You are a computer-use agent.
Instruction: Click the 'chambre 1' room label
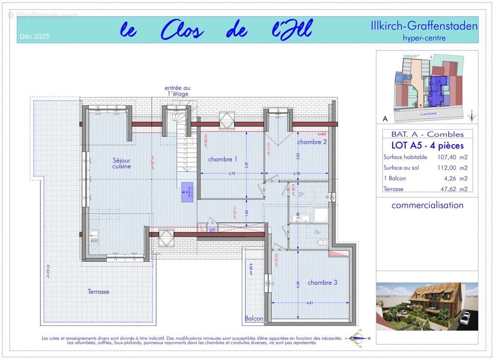click(222, 159)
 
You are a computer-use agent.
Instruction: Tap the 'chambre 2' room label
click(312, 142)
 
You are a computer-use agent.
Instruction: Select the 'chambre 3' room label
click(322, 283)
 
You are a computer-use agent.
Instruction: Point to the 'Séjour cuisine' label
click(121, 163)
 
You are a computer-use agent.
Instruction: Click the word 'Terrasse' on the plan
click(99, 292)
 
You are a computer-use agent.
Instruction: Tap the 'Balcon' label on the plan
click(254, 319)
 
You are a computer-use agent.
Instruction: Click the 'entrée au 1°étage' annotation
click(176, 91)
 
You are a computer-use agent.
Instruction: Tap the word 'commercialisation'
click(427, 205)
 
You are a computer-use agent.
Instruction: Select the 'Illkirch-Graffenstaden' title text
click(424, 26)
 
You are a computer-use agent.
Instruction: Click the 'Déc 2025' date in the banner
click(35, 36)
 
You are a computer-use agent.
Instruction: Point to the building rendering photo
click(427, 306)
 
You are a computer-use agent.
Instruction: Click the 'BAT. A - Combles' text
click(427, 134)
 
